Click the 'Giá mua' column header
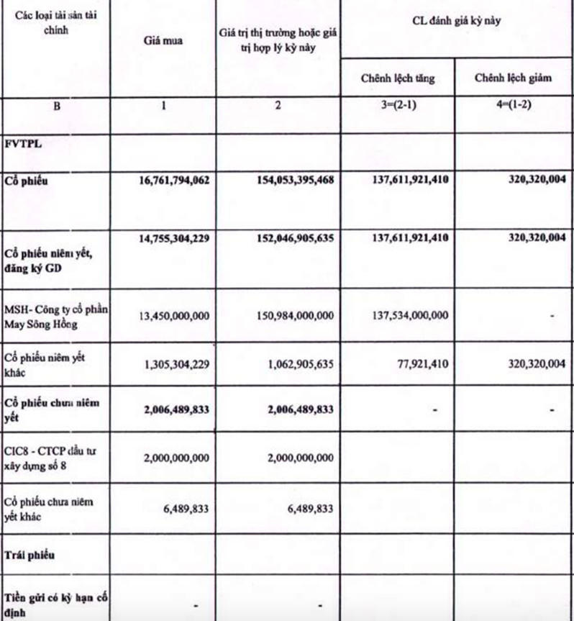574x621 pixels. click(x=163, y=40)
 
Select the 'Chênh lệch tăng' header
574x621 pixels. click(x=398, y=78)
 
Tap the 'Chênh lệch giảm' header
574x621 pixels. click(x=513, y=78)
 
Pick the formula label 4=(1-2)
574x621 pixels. click(x=513, y=105)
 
